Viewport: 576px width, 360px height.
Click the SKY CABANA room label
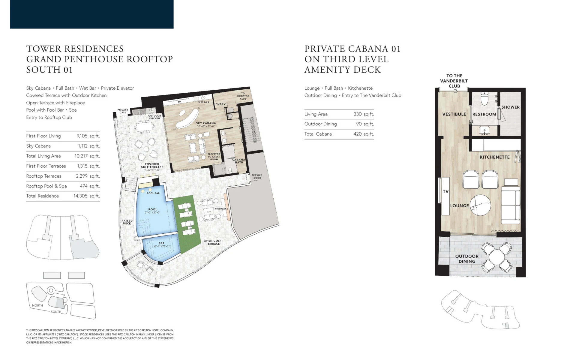click(x=206, y=123)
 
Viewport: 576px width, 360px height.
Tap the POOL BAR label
click(x=153, y=193)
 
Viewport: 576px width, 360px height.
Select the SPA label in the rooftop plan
click(x=161, y=243)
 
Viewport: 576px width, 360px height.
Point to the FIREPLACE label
click(x=221, y=209)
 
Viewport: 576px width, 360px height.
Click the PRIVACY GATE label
click(x=123, y=111)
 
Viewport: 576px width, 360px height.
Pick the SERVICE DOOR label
click(x=257, y=176)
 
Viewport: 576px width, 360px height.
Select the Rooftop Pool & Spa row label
click(x=46, y=186)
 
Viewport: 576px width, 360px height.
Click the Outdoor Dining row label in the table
click(x=320, y=124)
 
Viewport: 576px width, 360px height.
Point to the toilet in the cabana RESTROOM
click(x=484, y=98)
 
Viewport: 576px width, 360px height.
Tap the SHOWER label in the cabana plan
click(x=511, y=107)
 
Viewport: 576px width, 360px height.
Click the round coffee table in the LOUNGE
click(x=480, y=205)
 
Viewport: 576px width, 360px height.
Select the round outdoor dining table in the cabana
click(x=497, y=257)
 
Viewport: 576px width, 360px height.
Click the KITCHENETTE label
click(x=494, y=157)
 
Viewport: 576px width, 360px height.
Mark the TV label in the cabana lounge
click(x=445, y=191)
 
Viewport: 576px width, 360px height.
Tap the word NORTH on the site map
click(x=37, y=305)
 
